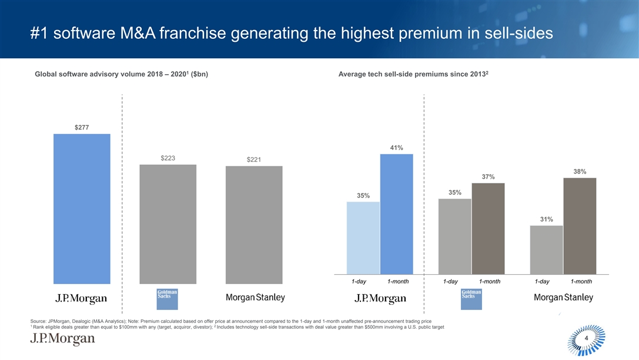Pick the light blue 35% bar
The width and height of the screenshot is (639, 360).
tap(363, 238)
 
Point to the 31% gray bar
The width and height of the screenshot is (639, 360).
tap(546, 249)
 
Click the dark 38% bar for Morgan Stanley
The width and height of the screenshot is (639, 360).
tap(580, 226)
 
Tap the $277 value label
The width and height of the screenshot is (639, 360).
tap(82, 127)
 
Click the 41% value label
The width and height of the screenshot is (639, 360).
tap(396, 148)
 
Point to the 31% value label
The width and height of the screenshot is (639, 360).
tap(547, 219)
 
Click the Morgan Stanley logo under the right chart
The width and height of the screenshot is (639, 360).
tap(563, 298)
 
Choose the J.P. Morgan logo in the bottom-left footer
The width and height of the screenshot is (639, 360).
tap(62, 340)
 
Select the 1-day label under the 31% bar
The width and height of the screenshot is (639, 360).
tap(541, 282)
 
